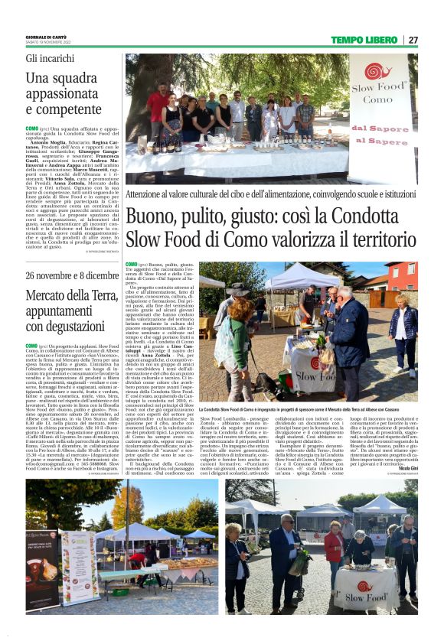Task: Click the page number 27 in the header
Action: point(413,40)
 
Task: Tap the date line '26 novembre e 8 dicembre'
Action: point(73,275)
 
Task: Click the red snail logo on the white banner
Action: point(378,73)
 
